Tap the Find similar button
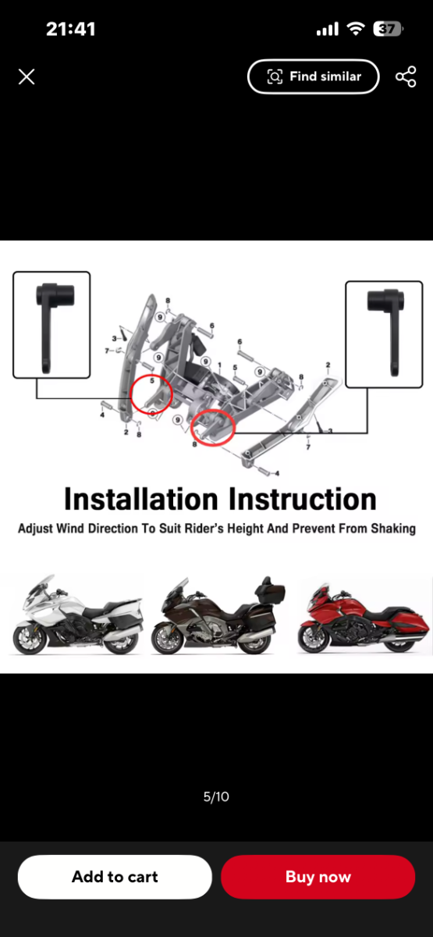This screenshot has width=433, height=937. tap(314, 77)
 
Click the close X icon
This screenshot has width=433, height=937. tap(27, 77)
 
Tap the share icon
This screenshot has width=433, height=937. tap(406, 77)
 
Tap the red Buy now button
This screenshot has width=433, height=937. tap(318, 877)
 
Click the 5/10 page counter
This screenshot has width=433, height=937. tap(216, 796)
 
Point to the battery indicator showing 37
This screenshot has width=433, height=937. tap(389, 29)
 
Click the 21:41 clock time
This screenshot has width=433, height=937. tap(71, 29)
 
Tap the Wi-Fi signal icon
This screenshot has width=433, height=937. tap(356, 29)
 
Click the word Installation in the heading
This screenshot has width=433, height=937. tap(141, 500)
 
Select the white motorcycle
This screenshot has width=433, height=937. tap(77, 615)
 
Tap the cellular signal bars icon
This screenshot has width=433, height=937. tap(327, 29)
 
